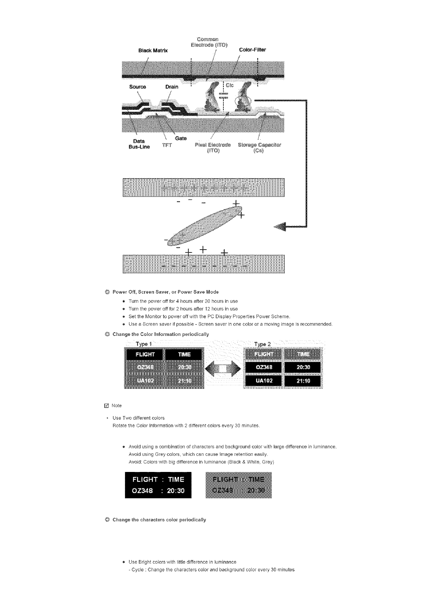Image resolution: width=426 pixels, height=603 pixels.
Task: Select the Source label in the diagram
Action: click(138, 87)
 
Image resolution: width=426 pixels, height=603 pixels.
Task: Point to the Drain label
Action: click(172, 87)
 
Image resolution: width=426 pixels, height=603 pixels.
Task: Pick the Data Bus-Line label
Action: click(139, 144)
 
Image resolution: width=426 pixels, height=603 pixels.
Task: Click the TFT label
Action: click(167, 145)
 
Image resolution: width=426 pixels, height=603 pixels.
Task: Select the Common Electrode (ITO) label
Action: click(208, 42)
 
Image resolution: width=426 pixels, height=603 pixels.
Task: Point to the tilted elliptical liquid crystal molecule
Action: click(203, 224)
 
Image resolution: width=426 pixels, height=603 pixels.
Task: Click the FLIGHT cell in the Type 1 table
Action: click(145, 354)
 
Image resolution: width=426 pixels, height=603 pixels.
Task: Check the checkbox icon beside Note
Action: click(106, 406)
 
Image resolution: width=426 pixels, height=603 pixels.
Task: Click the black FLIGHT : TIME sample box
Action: click(158, 485)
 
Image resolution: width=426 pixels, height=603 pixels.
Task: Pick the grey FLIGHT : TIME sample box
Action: click(239, 485)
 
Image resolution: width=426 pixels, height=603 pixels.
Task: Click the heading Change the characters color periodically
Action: click(159, 520)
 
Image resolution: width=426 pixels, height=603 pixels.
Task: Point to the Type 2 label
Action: click(262, 344)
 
